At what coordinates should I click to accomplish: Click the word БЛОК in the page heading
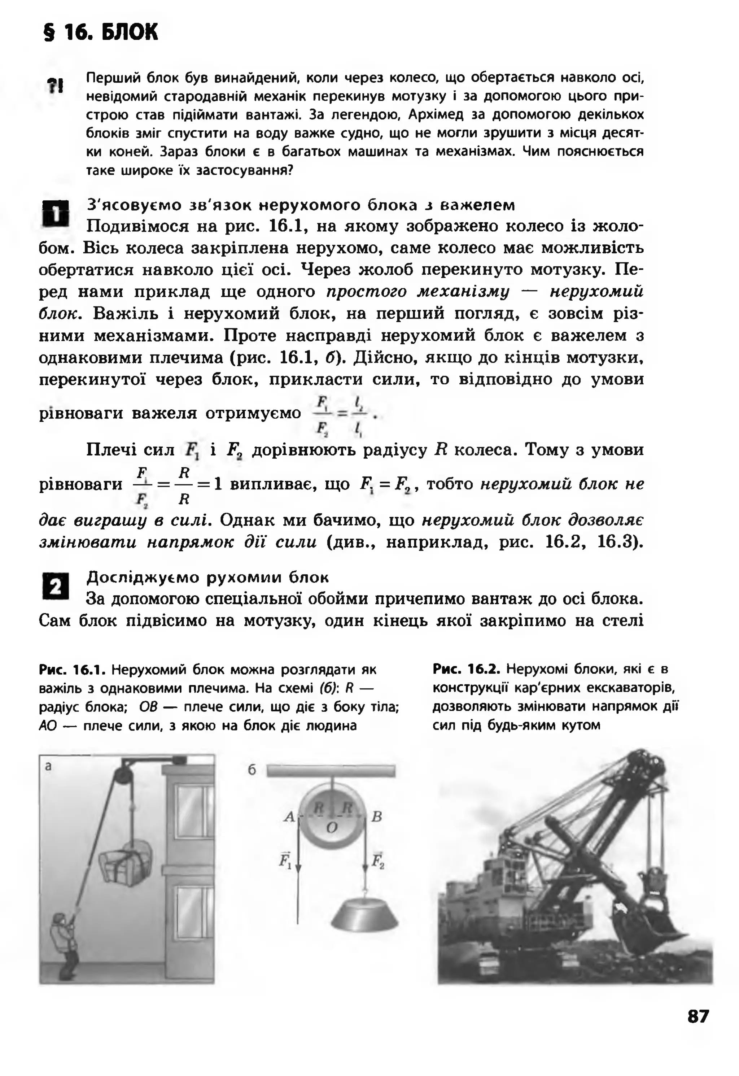tap(129, 32)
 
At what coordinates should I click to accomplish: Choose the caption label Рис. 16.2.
tap(466, 669)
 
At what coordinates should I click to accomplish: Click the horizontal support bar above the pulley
tap(331, 771)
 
